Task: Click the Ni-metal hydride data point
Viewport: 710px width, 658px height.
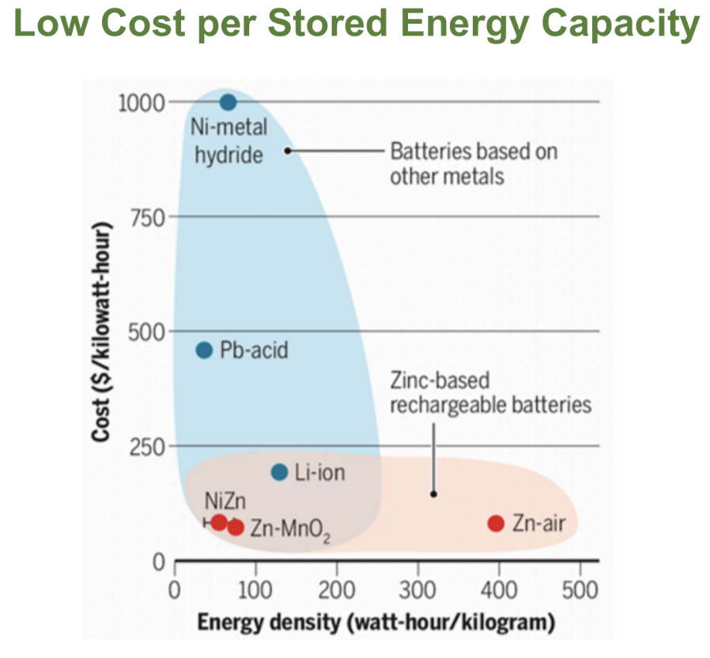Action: [228, 102]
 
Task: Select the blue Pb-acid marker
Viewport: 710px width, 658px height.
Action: [204, 350]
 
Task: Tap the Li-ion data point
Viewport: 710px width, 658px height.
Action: [279, 472]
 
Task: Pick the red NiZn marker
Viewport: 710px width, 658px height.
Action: [219, 522]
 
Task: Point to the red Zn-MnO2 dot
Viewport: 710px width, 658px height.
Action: [235, 528]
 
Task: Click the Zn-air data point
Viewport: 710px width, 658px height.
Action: [497, 523]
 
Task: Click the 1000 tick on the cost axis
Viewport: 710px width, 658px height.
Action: [142, 102]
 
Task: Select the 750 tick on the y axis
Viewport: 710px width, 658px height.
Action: [147, 217]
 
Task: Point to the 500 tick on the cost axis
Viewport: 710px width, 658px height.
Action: [147, 331]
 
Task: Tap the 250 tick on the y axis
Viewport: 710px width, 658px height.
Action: [147, 446]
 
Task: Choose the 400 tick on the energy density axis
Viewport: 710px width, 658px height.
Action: [499, 589]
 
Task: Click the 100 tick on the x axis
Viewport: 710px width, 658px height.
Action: [255, 589]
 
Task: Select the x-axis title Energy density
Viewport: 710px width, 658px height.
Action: [372, 622]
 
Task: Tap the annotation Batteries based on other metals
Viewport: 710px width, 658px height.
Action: [473, 163]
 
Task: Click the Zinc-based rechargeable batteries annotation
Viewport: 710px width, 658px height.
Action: [490, 393]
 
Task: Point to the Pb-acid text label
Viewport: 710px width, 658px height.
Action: [255, 350]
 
